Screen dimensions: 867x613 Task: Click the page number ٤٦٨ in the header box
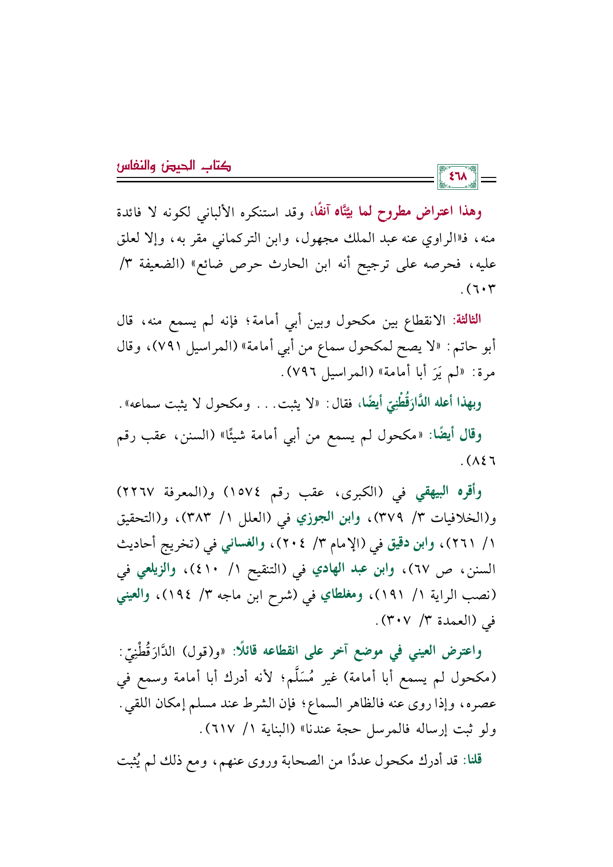[458, 176]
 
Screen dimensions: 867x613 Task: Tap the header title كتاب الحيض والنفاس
[174, 166]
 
